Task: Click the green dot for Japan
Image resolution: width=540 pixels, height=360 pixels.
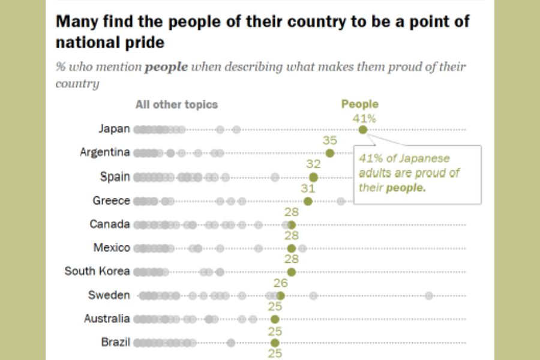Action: [362, 130]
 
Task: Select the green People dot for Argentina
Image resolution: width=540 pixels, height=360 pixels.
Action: [330, 153]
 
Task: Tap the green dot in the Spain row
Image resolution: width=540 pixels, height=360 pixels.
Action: [313, 177]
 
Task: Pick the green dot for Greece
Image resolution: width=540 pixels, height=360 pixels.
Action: [308, 201]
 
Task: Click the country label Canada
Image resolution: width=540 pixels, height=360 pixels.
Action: [110, 224]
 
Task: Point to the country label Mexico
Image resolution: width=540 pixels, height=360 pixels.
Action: [112, 247]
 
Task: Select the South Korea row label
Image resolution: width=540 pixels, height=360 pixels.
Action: [97, 271]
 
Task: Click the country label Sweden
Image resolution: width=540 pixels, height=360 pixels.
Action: [109, 295]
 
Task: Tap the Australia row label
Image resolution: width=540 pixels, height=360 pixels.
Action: [107, 319]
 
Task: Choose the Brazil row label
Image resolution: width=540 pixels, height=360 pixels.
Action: [115, 343]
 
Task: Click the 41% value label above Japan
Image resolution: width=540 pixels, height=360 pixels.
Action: [364, 118]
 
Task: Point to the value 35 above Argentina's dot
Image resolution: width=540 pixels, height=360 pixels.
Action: [330, 141]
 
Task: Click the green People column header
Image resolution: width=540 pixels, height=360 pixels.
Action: [360, 104]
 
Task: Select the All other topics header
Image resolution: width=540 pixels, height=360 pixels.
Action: [176, 104]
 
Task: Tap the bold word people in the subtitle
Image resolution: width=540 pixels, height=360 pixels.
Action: [166, 67]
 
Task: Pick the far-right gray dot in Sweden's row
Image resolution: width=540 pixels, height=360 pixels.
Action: [429, 295]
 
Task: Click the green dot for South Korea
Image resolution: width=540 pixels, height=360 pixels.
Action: [292, 272]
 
